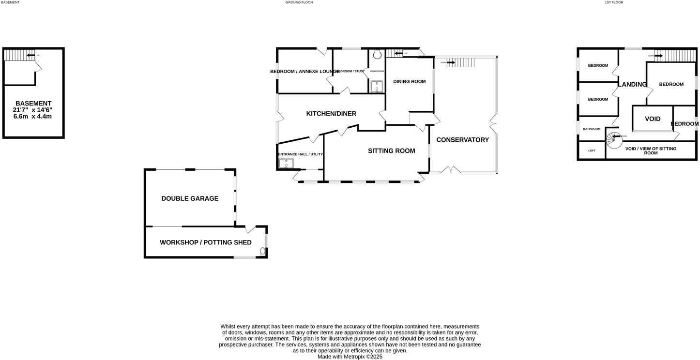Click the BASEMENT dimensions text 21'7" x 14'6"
tap(32, 110)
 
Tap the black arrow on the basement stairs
tap(30, 55)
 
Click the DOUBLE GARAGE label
tap(190, 198)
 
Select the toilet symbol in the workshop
tap(263, 251)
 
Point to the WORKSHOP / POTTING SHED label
tap(206, 242)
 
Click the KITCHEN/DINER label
tap(331, 114)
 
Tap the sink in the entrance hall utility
tap(286, 164)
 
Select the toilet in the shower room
tap(377, 55)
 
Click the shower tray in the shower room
tap(377, 87)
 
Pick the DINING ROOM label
tap(409, 82)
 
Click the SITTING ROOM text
tap(391, 151)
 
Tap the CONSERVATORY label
tap(462, 140)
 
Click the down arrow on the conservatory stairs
tap(451, 62)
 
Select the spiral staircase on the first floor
tap(615, 141)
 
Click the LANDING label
tap(632, 85)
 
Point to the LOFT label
tap(592, 150)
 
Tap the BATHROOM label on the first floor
tap(592, 129)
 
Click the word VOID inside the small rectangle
tap(653, 119)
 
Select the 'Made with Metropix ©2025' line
tap(350, 357)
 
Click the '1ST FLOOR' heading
tap(614, 2)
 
